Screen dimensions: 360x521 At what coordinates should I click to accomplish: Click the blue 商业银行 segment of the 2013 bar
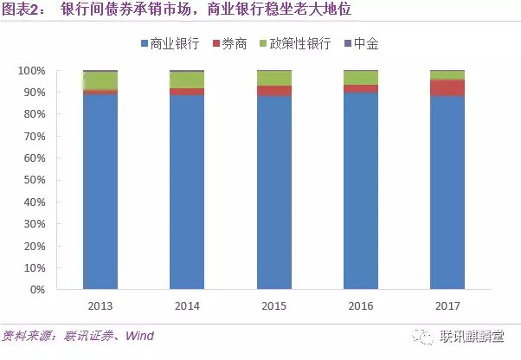(100, 190)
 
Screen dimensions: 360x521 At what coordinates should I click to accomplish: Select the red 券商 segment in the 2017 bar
(447, 87)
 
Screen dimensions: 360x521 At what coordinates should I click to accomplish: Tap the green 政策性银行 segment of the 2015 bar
(274, 78)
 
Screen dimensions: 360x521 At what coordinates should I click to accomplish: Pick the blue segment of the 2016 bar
(361, 190)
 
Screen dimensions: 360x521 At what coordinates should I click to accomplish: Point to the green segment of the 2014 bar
(187, 80)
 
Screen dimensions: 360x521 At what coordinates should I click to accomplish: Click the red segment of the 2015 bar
(274, 91)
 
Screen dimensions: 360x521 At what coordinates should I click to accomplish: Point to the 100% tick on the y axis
(55, 70)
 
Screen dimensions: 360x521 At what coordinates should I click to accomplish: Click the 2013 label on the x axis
(100, 306)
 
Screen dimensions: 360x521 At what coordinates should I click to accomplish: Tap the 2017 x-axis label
(447, 306)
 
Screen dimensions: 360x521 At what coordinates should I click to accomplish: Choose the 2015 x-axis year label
(274, 306)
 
